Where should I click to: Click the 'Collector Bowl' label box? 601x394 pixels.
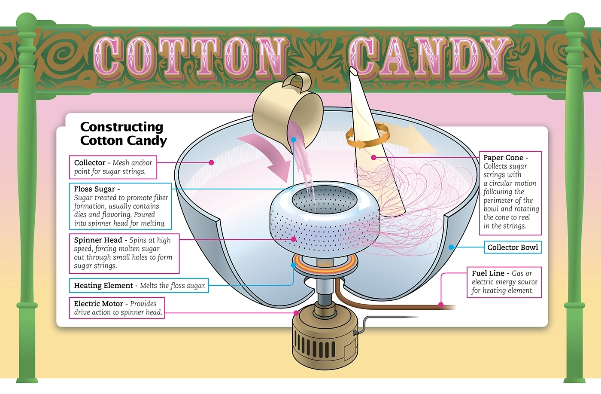coord(513,247)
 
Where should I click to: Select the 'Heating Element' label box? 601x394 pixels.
coord(139,286)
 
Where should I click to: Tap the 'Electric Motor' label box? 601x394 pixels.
coord(117,308)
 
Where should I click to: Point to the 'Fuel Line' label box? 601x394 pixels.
coord(504,282)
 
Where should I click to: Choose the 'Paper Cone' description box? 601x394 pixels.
coord(510,192)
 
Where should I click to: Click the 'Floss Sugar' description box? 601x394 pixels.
coord(120,206)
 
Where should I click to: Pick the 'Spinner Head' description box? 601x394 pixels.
coord(124,253)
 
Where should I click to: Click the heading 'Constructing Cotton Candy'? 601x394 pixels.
coord(123,134)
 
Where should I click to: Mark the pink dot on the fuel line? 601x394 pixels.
coord(441,305)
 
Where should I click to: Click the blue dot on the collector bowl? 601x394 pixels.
coord(451,247)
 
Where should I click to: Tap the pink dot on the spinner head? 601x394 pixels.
coord(294,239)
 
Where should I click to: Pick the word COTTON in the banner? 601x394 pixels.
coord(189,56)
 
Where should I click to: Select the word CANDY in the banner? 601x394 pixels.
coord(429,56)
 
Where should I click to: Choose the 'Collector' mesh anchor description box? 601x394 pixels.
coord(112,167)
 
